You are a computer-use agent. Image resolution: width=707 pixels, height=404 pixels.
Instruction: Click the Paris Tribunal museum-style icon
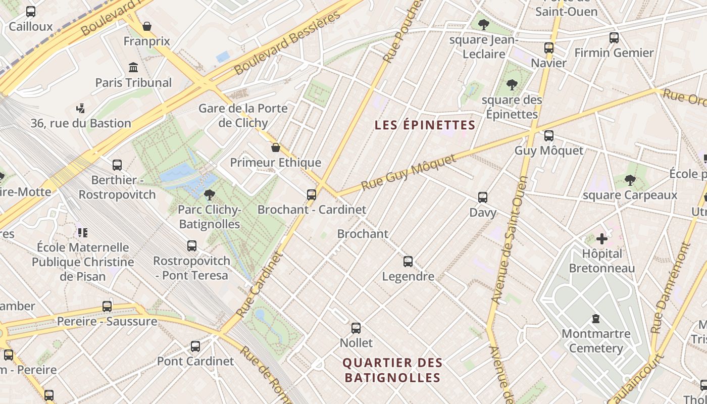click(133, 67)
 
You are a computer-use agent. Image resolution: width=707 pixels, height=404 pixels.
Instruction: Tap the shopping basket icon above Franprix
click(147, 26)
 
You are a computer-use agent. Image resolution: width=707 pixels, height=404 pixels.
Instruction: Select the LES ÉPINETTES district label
click(425, 125)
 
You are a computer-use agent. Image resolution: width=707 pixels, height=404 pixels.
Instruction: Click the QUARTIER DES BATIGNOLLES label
click(392, 370)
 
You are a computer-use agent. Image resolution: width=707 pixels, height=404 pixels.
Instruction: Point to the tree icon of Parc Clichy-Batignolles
click(209, 194)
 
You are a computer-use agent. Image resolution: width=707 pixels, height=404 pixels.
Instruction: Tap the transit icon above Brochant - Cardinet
click(312, 194)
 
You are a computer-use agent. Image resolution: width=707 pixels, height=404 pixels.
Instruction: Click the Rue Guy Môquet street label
click(409, 173)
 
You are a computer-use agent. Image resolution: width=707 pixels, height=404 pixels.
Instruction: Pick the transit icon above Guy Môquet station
click(548, 135)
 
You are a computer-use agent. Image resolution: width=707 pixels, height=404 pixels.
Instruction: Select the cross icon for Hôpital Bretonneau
click(601, 238)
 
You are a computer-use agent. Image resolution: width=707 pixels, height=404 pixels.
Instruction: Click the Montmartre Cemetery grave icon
click(596, 319)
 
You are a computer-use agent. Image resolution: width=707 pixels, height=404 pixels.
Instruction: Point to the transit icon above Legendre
click(408, 262)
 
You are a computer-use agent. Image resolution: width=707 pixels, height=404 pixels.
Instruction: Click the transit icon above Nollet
click(356, 328)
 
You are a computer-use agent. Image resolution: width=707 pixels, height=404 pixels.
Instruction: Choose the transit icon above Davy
click(483, 197)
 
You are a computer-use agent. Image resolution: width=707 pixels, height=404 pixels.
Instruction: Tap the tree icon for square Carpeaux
click(629, 180)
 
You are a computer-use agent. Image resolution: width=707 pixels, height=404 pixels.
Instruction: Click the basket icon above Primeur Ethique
click(276, 147)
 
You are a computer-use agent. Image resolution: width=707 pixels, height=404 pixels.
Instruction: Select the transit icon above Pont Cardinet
click(195, 346)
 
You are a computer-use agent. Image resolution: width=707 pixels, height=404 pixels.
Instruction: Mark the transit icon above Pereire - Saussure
click(107, 307)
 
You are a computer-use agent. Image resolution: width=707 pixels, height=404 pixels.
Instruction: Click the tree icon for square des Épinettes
click(512, 84)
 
